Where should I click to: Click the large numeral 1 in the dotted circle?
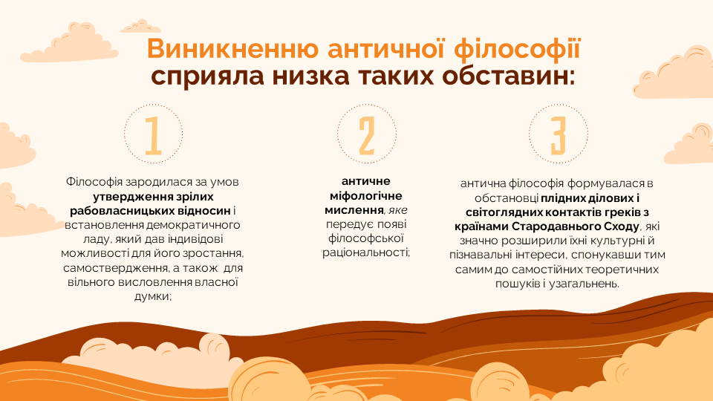pyautogui.click(x=153, y=136)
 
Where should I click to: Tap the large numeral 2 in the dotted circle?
pyautogui.click(x=366, y=136)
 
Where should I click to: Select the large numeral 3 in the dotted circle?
pyautogui.click(x=559, y=136)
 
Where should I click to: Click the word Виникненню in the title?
pyautogui.click(x=232, y=49)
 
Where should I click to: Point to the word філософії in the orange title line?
pyautogui.click(x=518, y=49)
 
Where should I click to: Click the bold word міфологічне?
pyautogui.click(x=366, y=196)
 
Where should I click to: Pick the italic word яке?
pyautogui.click(x=398, y=210)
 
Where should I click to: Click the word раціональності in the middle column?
pyautogui.click(x=366, y=252)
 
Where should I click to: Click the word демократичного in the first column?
pyautogui.click(x=193, y=225)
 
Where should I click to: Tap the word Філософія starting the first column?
pyautogui.click(x=94, y=182)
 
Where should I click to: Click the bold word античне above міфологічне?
pyautogui.click(x=366, y=181)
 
